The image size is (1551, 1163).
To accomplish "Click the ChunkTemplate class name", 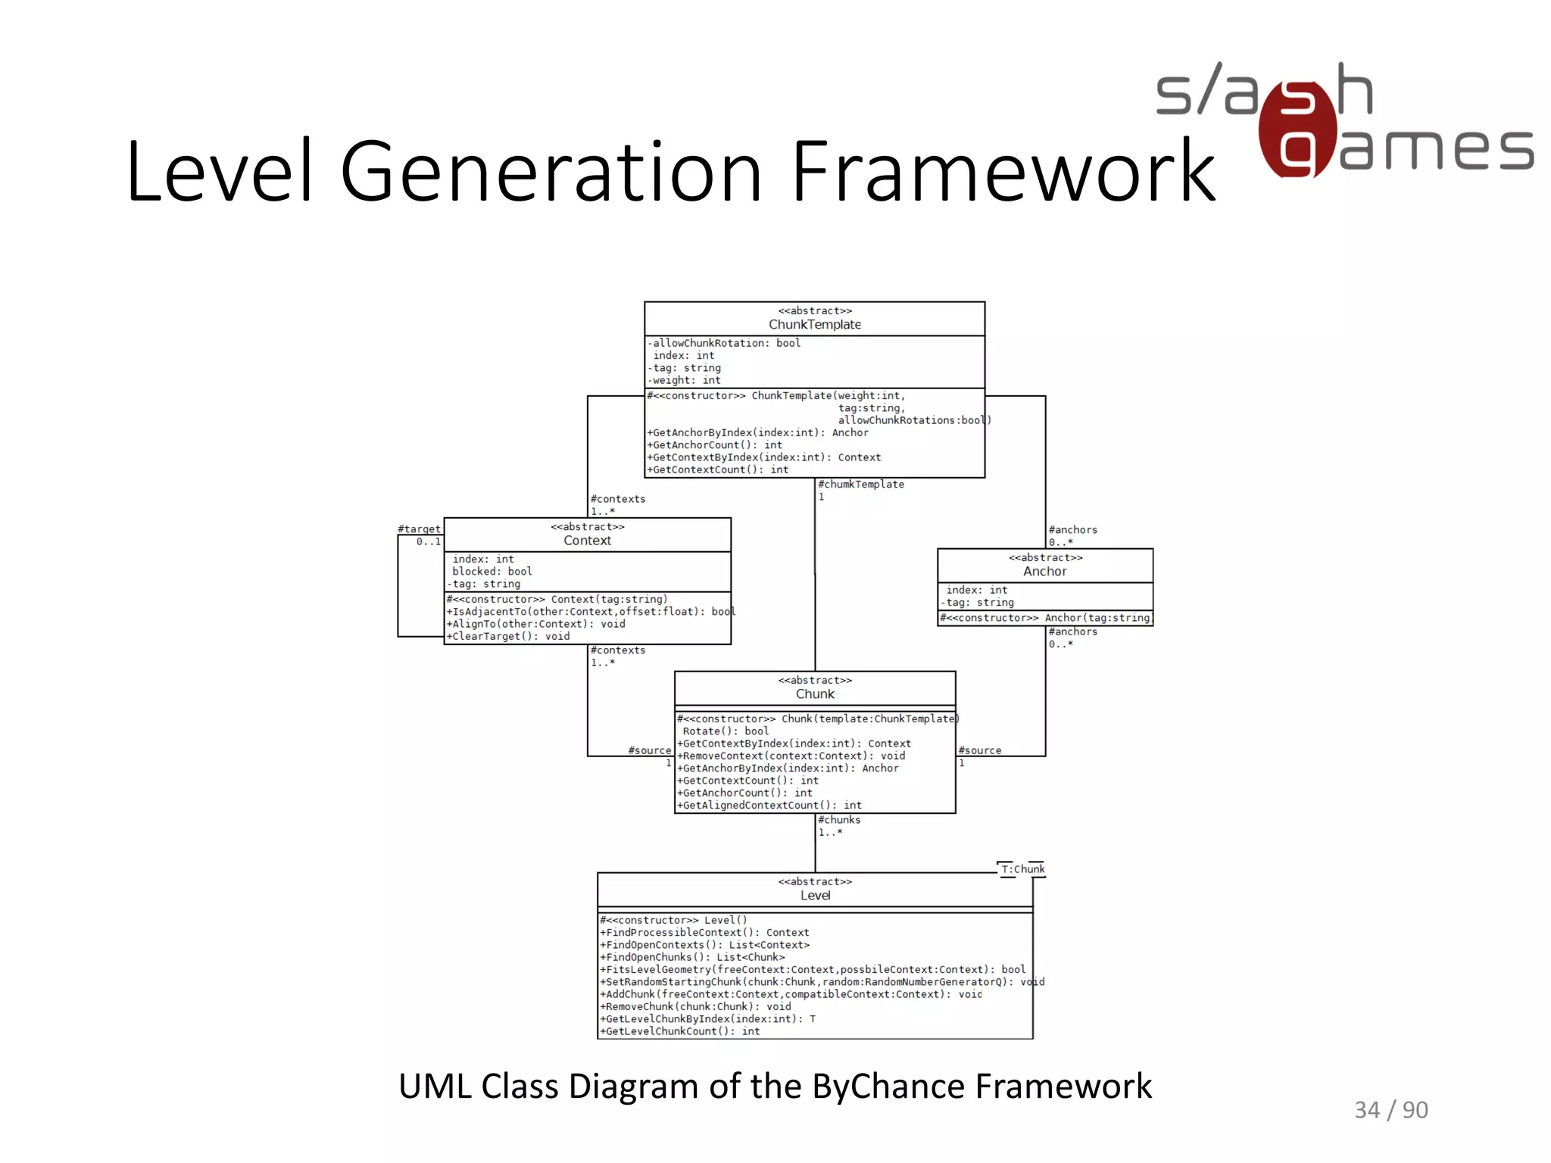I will (815, 325).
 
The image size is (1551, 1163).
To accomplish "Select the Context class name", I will (587, 541).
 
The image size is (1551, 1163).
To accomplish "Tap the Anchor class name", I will (1044, 572).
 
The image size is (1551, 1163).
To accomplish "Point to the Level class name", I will (815, 896).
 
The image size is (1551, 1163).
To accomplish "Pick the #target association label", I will (419, 529).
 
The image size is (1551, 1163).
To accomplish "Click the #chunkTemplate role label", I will (861, 485).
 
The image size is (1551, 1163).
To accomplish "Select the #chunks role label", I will (839, 820).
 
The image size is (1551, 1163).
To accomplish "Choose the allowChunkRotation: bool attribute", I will (726, 343).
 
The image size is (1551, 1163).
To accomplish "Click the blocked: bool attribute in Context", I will (492, 572).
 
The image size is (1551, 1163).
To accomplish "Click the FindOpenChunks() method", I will (694, 957).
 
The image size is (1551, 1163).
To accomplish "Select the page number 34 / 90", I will (1390, 1110).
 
